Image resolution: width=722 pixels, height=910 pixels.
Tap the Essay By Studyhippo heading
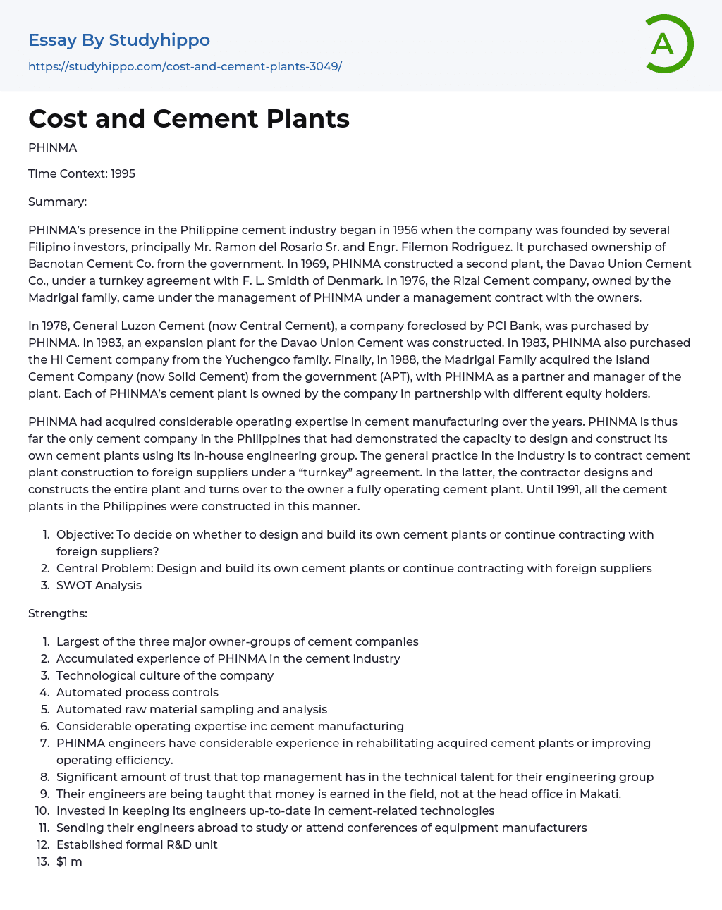119,40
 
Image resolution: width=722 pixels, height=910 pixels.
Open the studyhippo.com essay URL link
185,66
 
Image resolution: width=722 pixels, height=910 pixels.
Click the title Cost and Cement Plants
189,118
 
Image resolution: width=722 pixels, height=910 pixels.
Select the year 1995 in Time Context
123,173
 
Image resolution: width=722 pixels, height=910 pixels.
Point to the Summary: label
57,202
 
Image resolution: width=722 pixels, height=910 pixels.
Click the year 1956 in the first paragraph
405,230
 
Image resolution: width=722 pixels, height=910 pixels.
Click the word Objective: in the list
85,534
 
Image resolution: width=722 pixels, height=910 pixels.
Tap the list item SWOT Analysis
99,585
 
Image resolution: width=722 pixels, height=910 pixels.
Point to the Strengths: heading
58,613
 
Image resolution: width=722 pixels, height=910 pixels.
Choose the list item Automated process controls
137,692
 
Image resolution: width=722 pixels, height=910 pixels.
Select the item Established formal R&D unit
137,844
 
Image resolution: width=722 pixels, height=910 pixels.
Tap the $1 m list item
69,861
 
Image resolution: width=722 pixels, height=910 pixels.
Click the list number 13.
42,861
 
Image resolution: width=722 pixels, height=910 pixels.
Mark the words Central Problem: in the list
104,568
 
